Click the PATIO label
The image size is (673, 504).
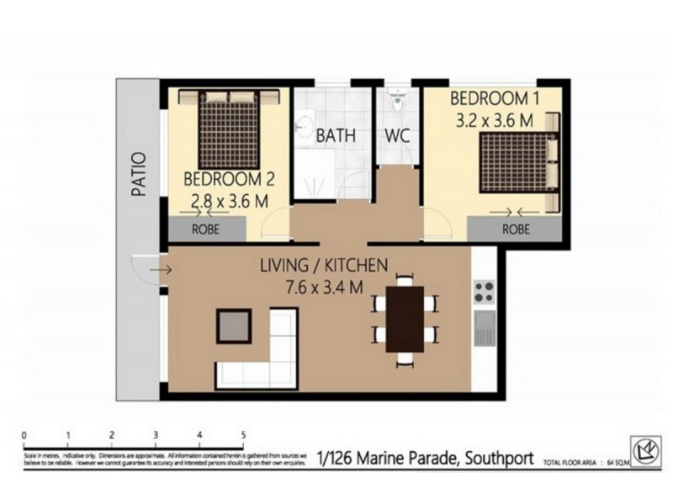[139, 174]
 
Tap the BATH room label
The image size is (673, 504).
[336, 135]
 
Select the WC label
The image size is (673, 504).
[397, 135]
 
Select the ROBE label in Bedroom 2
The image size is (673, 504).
[207, 227]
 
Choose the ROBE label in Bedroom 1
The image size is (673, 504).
[516, 227]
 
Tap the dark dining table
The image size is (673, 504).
[405, 319]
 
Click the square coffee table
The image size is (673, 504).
[234, 325]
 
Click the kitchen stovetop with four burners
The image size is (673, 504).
[484, 291]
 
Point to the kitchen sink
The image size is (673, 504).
[484, 328]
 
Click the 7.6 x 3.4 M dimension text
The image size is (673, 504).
[323, 287]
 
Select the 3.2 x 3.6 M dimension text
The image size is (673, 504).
[495, 120]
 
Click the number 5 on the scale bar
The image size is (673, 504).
[243, 435]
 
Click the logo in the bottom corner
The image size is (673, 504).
[645, 452]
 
